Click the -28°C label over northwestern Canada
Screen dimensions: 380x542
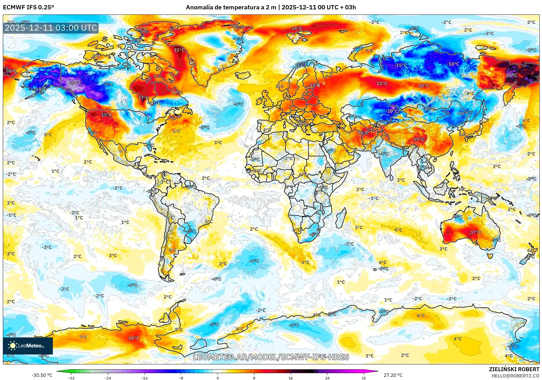[75, 83]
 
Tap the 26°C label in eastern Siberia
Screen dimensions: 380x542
[511, 75]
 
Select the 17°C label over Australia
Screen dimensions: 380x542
[476, 232]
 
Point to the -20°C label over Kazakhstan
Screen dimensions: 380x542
[392, 111]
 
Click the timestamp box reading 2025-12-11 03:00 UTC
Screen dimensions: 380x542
[51, 28]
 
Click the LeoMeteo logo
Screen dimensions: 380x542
[28, 346]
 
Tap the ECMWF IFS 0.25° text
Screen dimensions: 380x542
[28, 7]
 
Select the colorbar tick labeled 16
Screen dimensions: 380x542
[290, 378]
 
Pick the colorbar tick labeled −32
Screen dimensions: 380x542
[71, 378]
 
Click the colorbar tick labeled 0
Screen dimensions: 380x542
[218, 378]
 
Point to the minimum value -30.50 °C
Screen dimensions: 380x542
[42, 375]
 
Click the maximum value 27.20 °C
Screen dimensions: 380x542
[393, 375]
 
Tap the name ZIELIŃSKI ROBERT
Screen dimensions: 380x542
[514, 369]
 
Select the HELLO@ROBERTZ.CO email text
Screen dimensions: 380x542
[515, 376]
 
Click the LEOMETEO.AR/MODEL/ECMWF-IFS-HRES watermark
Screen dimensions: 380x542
[271, 357]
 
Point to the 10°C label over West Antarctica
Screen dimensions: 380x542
[134, 338]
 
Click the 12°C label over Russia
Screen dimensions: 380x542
[382, 84]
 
